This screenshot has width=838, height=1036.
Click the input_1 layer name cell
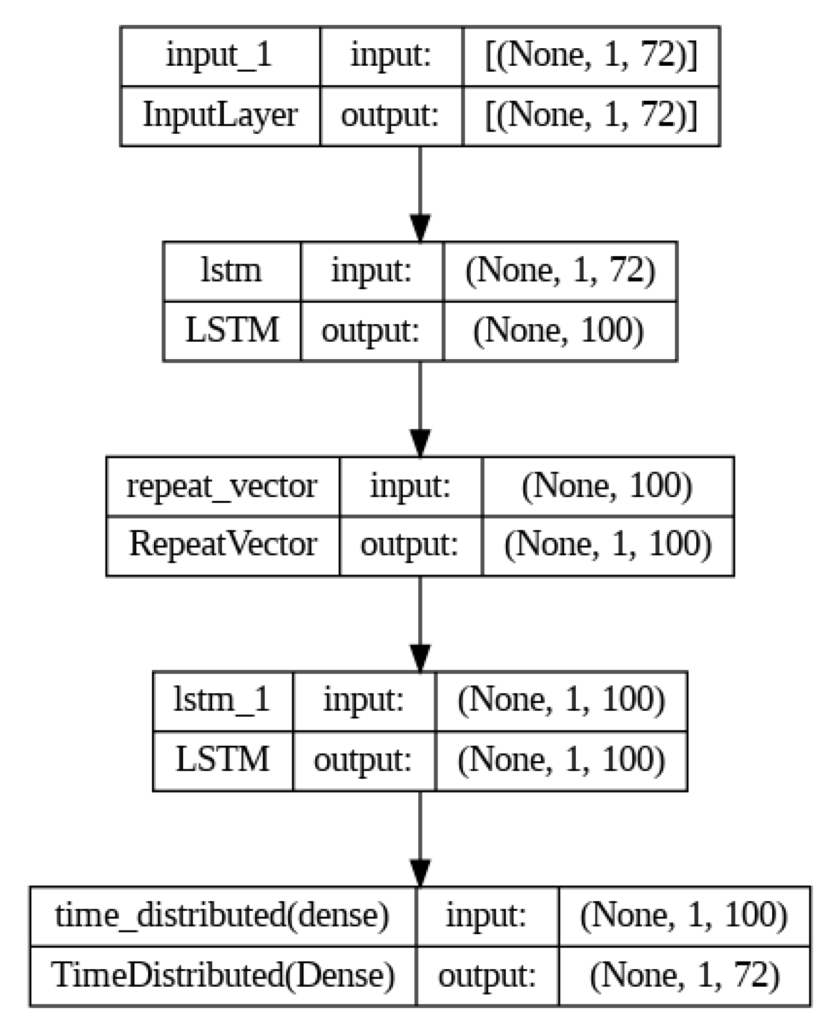click(x=220, y=56)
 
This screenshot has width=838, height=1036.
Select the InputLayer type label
click(x=220, y=115)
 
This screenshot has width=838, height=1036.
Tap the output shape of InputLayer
click(x=591, y=115)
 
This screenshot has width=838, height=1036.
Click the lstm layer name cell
click(x=231, y=271)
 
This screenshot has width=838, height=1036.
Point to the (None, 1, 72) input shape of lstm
click(x=560, y=271)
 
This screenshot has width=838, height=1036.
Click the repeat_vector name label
click(x=222, y=486)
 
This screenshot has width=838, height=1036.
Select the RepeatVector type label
click(x=223, y=545)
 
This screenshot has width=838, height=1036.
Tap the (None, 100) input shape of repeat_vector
click(x=607, y=486)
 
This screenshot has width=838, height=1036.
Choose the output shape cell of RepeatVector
click(x=608, y=545)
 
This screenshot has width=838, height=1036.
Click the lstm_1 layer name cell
click(x=222, y=700)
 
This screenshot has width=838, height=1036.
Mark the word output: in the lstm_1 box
click(x=363, y=760)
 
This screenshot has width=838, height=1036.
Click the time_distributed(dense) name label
click(x=222, y=915)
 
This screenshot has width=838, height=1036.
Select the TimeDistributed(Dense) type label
click(x=223, y=974)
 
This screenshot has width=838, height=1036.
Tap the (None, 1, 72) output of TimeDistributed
click(x=685, y=974)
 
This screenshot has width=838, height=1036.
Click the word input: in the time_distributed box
click(x=486, y=915)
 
